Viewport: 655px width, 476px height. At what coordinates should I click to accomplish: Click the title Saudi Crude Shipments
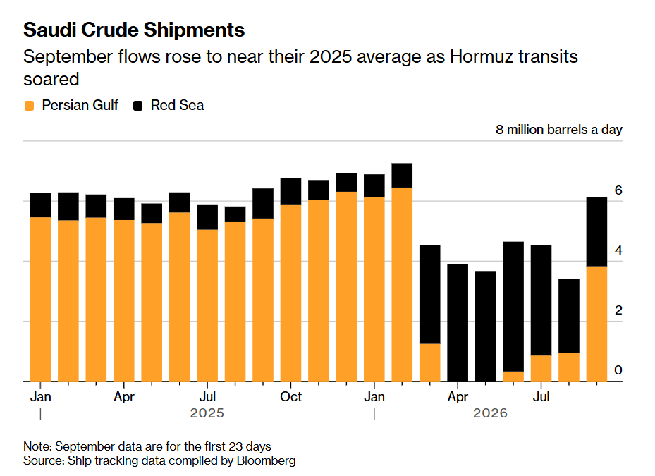(x=134, y=30)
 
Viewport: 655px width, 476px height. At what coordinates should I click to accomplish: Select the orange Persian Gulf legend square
(x=29, y=106)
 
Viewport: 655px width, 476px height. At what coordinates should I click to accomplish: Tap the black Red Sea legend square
(x=138, y=106)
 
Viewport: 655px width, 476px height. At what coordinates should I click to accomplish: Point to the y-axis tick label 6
(x=618, y=190)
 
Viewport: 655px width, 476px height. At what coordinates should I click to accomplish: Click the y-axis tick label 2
(x=618, y=310)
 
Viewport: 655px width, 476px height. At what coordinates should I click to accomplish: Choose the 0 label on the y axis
(x=618, y=370)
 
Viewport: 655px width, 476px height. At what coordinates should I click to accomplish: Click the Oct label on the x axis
(x=290, y=396)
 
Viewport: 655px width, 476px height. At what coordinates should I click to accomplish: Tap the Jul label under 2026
(x=541, y=396)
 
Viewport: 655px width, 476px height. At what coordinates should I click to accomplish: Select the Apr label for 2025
(x=124, y=396)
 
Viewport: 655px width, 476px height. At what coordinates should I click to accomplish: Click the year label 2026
(x=490, y=413)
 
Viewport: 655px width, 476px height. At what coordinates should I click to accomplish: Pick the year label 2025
(x=207, y=413)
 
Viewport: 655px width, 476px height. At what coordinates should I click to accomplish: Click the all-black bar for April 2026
(x=458, y=323)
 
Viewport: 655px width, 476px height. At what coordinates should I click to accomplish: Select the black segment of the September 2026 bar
(x=597, y=232)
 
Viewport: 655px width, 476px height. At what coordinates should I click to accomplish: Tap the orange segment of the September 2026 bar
(x=597, y=324)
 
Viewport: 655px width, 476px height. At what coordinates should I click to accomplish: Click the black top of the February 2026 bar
(x=402, y=176)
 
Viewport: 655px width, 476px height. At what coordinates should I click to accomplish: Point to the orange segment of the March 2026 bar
(x=430, y=362)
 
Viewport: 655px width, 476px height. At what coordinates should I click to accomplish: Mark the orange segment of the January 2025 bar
(x=40, y=299)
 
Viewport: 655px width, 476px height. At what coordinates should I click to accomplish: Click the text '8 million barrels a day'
(x=559, y=130)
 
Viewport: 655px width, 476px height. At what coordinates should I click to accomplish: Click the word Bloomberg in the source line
(x=266, y=460)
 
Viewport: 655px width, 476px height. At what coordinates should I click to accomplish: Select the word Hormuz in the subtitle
(x=482, y=57)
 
